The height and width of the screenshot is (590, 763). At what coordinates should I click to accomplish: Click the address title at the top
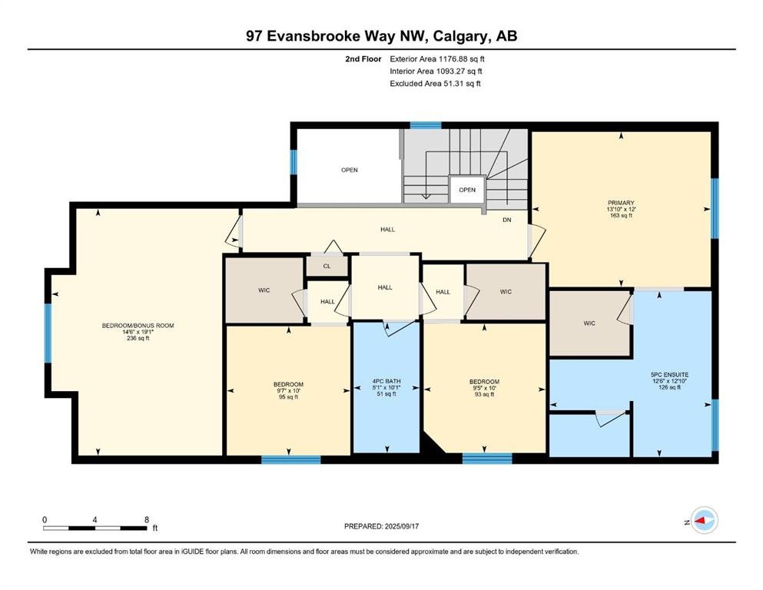[381, 36]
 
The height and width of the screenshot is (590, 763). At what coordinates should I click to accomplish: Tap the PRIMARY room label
[621, 203]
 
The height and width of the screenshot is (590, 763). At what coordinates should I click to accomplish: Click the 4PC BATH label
[386, 381]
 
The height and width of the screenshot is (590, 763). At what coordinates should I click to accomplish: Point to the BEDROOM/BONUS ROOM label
[138, 326]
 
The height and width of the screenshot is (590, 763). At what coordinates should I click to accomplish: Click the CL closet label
[327, 266]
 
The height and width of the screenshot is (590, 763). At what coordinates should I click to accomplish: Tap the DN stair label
[507, 220]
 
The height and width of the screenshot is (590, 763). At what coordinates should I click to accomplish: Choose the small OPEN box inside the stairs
[467, 190]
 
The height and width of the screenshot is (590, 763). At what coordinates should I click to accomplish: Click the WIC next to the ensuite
[589, 323]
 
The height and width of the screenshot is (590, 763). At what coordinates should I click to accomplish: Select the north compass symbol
[703, 520]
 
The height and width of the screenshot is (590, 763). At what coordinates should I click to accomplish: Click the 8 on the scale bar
[147, 520]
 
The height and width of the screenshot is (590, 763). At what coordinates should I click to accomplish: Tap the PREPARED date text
[381, 526]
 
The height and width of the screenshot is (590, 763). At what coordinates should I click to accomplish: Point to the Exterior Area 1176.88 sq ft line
[437, 59]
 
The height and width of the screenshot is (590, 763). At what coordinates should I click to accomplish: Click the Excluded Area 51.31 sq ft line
[435, 83]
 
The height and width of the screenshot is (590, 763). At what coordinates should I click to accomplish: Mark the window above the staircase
[426, 125]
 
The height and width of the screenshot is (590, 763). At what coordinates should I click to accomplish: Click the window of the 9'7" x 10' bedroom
[291, 459]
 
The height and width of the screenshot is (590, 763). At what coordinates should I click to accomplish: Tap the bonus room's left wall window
[48, 333]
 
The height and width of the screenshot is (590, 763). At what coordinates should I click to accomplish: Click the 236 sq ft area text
[138, 338]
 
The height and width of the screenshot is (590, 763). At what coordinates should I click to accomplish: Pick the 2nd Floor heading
[363, 59]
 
